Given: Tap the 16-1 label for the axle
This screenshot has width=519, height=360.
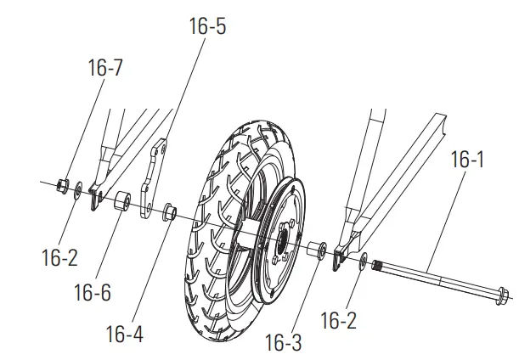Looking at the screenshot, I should click(467, 159).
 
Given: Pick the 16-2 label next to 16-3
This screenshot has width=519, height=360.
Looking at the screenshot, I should click(339, 321).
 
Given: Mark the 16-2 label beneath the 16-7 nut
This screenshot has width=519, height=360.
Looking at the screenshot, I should click(59, 258).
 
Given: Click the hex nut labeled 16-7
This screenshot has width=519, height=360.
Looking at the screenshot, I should click(61, 184).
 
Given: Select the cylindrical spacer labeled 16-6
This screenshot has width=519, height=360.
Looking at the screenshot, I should click(122, 203).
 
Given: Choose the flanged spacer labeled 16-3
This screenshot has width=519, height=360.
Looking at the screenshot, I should click(317, 252).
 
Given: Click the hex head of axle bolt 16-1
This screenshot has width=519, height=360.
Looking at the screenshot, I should click(499, 297).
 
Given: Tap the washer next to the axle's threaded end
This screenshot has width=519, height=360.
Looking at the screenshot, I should click(364, 262).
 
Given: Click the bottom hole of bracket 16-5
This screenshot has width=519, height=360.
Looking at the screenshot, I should click(147, 206).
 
